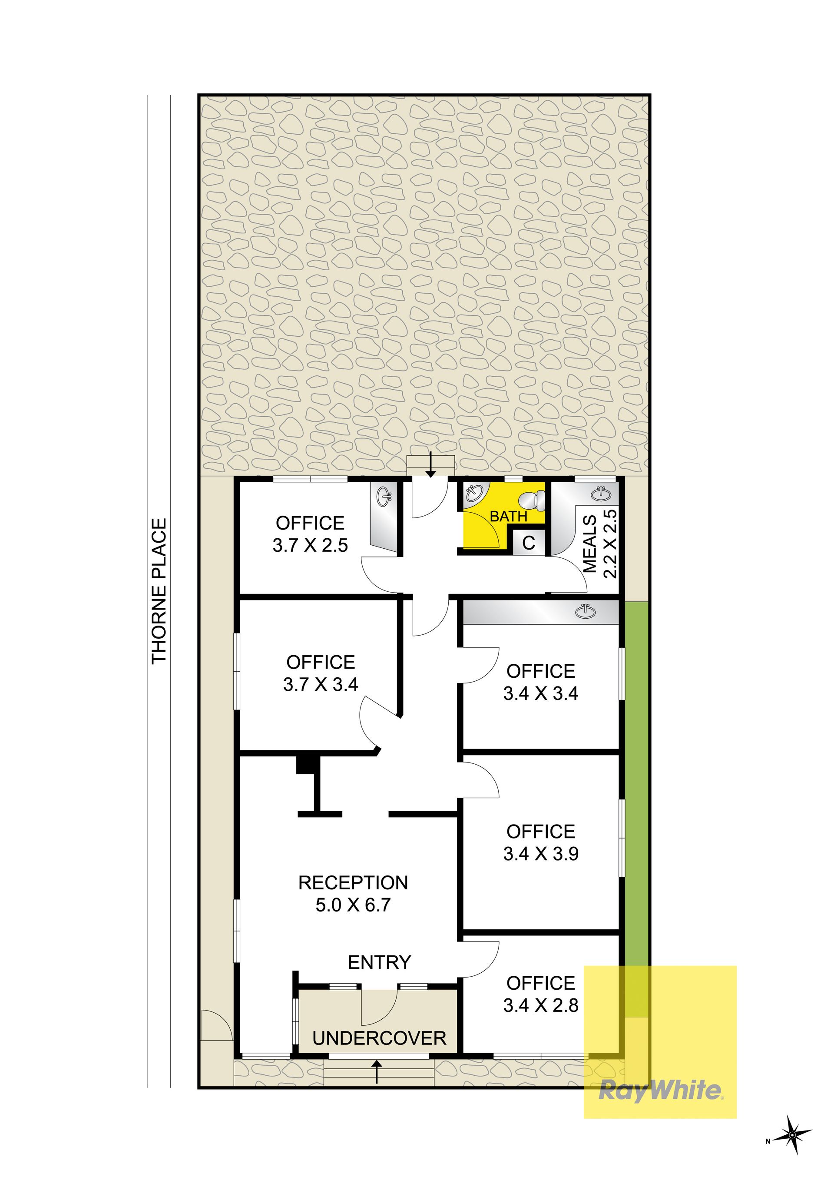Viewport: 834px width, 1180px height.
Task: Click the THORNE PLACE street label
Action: coord(159,590)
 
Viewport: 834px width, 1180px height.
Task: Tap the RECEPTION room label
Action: coord(353,882)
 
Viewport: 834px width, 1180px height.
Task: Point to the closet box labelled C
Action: coord(529,543)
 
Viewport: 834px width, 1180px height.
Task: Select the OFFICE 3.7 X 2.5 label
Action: coord(311,534)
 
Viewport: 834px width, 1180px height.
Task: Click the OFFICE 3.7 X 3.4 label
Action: coord(321,673)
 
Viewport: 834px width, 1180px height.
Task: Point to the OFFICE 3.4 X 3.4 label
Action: coord(541,682)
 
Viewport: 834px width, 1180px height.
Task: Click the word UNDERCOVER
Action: coord(379,1039)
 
